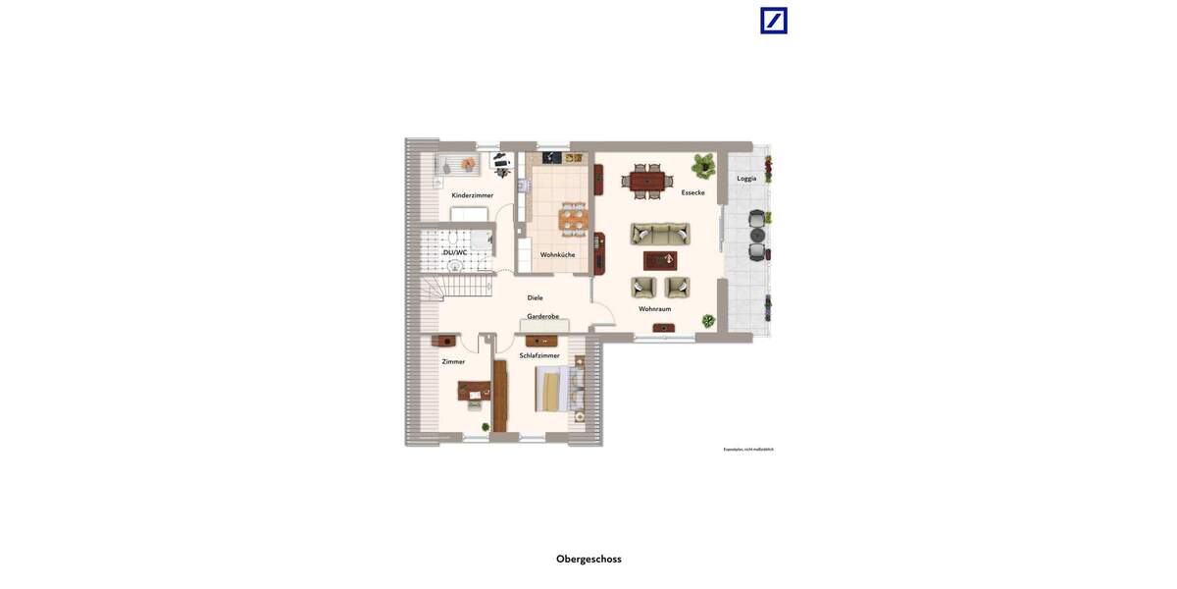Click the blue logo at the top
pyautogui.click(x=774, y=21)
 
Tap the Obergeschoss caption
pyautogui.click(x=588, y=560)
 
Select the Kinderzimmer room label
pyautogui.click(x=472, y=195)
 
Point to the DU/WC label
pyautogui.click(x=455, y=252)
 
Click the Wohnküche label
pyautogui.click(x=557, y=255)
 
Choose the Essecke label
pyautogui.click(x=692, y=192)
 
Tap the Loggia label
pyautogui.click(x=746, y=179)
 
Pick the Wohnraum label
pyautogui.click(x=654, y=309)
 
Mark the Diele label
pyautogui.click(x=535, y=297)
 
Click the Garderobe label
pyautogui.click(x=542, y=316)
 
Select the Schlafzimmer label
pyautogui.click(x=539, y=355)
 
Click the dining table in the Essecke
pyautogui.click(x=647, y=182)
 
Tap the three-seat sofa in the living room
pyautogui.click(x=660, y=234)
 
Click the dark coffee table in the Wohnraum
pyautogui.click(x=660, y=260)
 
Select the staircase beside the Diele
pyautogui.click(x=457, y=287)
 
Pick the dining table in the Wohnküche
pyautogui.click(x=573, y=219)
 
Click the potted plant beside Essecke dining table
pyautogui.click(x=703, y=164)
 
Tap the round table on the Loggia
pyautogui.click(x=757, y=236)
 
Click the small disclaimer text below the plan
pyautogui.click(x=748, y=450)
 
